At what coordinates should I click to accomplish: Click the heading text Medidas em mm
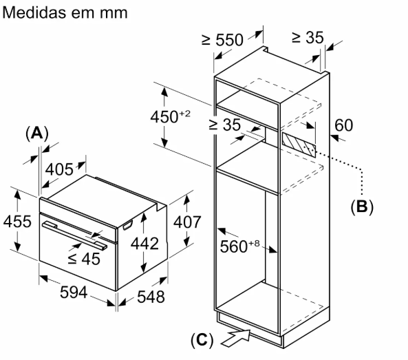pos(65,12)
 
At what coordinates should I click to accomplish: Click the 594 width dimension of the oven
pos(74,292)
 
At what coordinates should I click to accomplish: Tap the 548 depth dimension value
pos(151,297)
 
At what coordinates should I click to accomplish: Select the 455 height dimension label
pos(17,222)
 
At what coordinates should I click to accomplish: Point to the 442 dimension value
pos(144,244)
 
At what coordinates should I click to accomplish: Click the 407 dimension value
pos(187,222)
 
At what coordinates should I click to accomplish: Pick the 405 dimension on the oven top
pos(60,169)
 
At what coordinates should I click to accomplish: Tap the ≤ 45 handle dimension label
pos(84,259)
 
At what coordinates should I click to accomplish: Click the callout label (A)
pos(37,134)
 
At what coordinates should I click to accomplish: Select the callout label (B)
pos(362,207)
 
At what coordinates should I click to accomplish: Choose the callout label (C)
pos(202,340)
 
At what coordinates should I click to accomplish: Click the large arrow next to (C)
pos(236,338)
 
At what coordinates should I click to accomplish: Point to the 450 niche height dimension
pos(171,116)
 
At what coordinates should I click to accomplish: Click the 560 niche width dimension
pos(239,246)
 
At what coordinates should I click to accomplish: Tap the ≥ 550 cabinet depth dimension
pos(223,39)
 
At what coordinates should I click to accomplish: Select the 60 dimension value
pos(344,125)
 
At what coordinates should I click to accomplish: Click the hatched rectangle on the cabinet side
pos(299,145)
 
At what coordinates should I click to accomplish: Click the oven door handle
pos(75,235)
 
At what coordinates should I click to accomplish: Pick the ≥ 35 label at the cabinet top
pos(308,37)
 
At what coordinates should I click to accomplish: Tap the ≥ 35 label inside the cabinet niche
pos(224,125)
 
